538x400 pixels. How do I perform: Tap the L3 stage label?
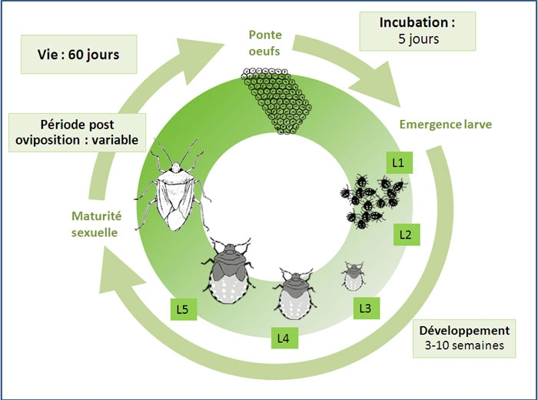pos(366,308)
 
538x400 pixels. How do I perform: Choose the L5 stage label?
pos(182,310)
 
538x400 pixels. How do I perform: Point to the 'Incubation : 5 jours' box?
pos(417,31)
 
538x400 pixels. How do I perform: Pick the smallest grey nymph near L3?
pos(354,275)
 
